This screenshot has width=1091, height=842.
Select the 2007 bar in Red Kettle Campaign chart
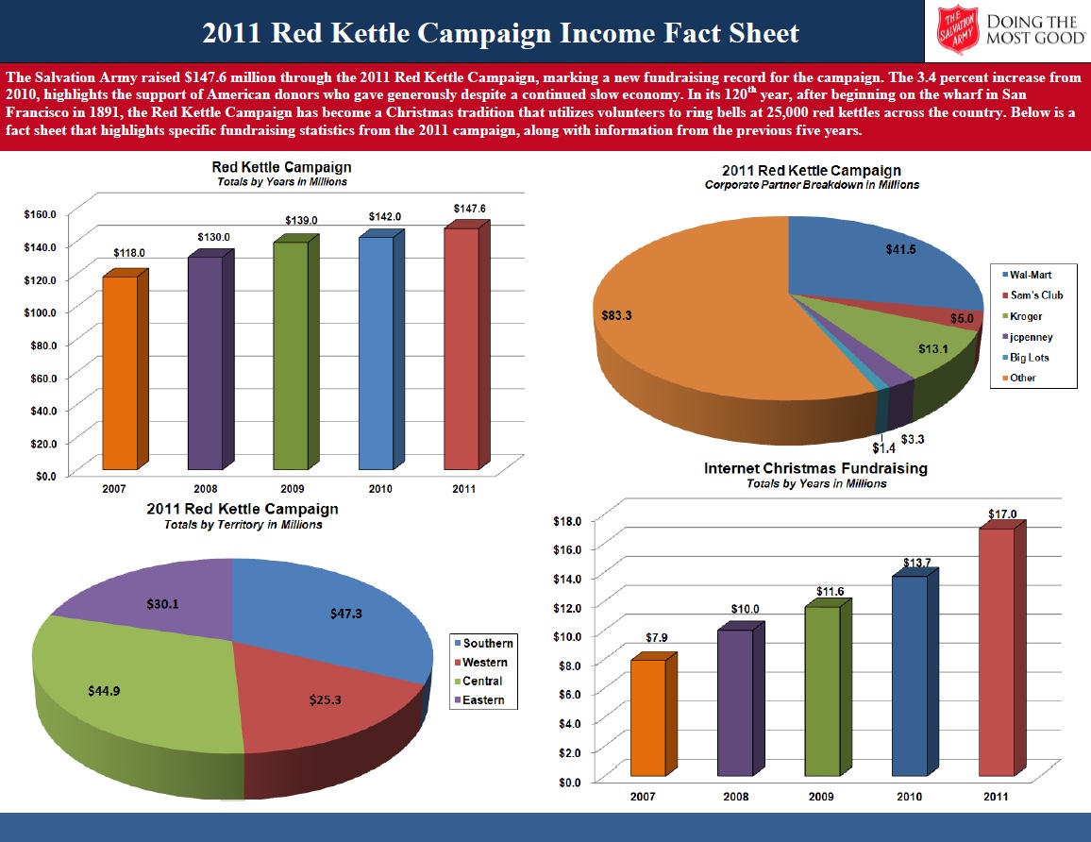pyautogui.click(x=120, y=372)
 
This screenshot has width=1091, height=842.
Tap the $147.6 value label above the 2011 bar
pyautogui.click(x=469, y=208)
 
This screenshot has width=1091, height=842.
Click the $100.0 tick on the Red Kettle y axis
pyautogui.click(x=39, y=312)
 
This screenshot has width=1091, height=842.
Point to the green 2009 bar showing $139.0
pyautogui.click(x=291, y=355)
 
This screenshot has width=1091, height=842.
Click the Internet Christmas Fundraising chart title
pyautogui.click(x=815, y=468)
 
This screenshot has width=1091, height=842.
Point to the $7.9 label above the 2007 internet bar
pyautogui.click(x=659, y=638)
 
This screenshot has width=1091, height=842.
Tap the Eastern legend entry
pyautogui.click(x=482, y=700)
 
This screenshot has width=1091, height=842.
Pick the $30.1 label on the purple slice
pyautogui.click(x=163, y=603)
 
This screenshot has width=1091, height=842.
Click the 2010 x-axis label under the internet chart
pyautogui.click(x=909, y=798)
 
